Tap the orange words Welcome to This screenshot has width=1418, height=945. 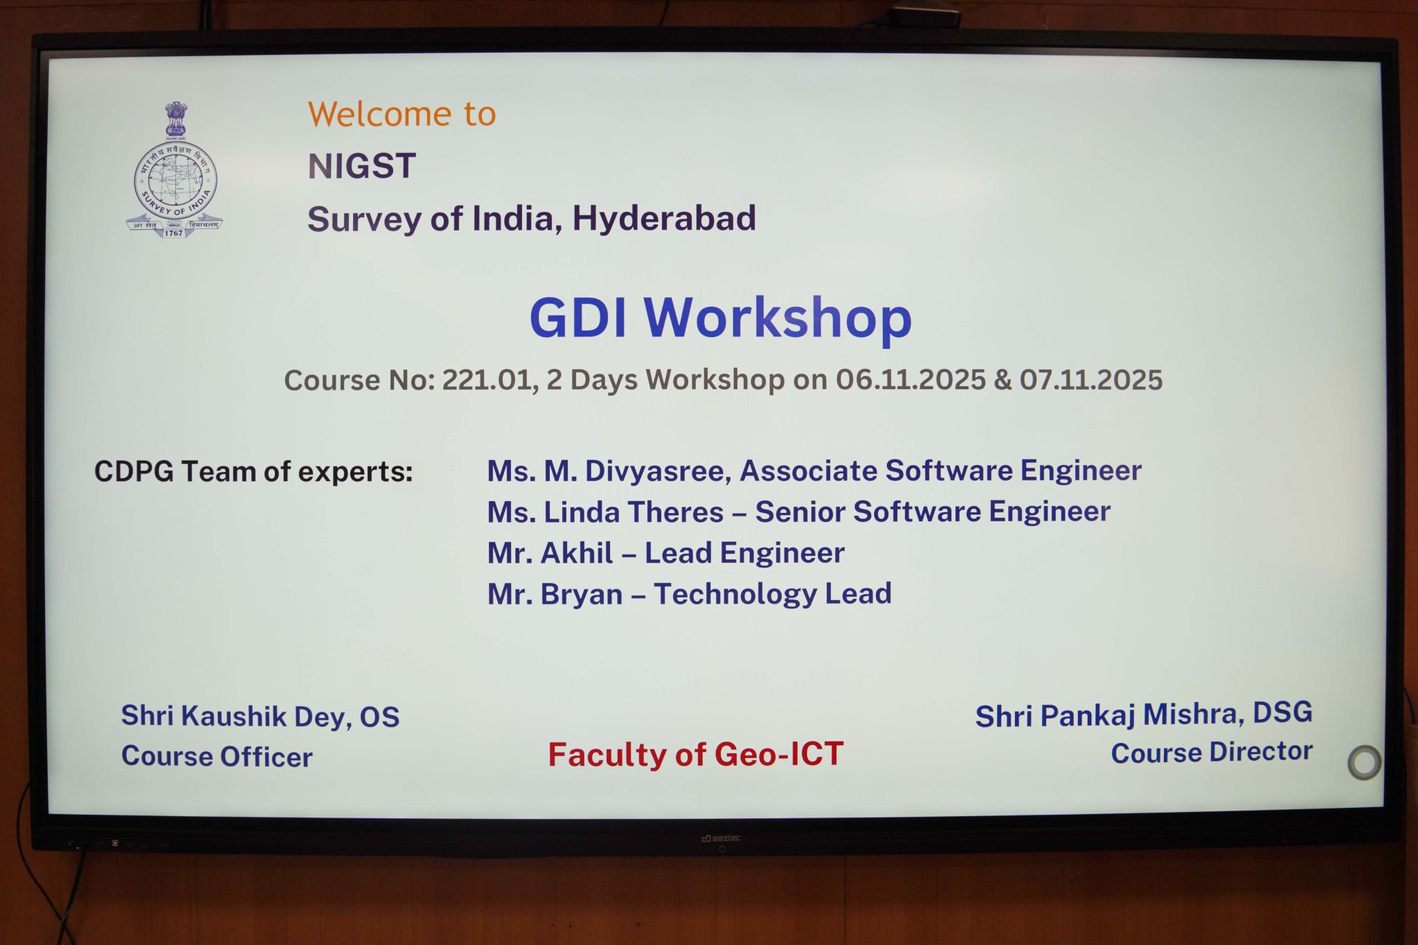tap(402, 114)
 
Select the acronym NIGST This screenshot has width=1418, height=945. tap(361, 166)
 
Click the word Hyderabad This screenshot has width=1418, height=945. tap(664, 219)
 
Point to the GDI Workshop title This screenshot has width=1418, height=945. tap(720, 318)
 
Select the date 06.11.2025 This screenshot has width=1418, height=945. tap(910, 379)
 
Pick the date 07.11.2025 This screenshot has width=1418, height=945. tap(1091, 379)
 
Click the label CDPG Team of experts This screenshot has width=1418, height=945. tap(253, 472)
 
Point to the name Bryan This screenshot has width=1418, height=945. tap(581, 595)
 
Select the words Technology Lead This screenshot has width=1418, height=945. tap(773, 594)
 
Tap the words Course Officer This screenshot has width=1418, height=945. tap(217, 757)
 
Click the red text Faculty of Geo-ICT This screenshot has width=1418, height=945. tap(696, 755)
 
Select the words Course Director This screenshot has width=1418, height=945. tap(1212, 753)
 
